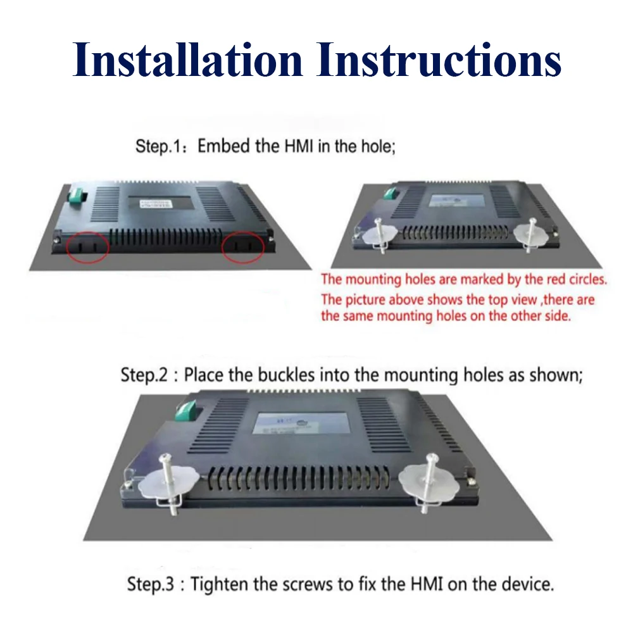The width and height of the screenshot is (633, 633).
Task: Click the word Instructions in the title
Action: (439, 60)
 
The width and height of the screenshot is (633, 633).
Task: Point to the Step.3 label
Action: (151, 584)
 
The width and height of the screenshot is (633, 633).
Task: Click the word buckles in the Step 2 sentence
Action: (286, 375)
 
